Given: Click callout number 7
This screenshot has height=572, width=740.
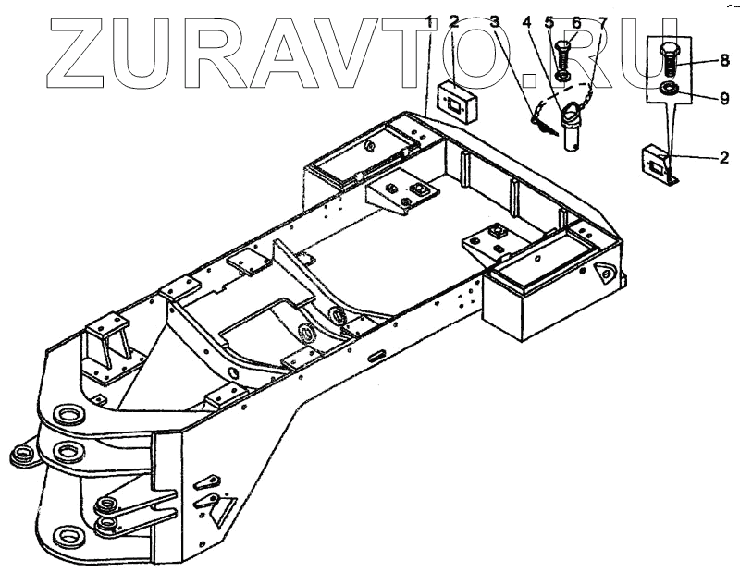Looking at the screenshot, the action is point(603,20).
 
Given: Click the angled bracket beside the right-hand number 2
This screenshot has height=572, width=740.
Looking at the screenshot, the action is point(659,166).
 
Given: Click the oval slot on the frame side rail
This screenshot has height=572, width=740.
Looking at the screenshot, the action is point(377,353).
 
